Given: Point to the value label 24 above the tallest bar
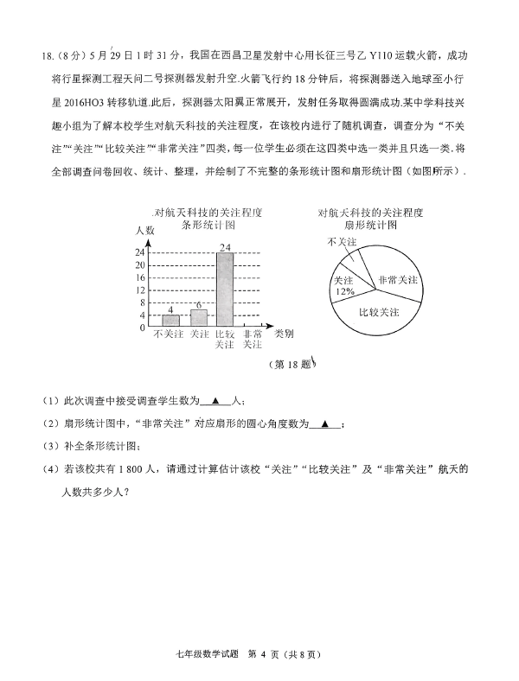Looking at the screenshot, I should point(224,248).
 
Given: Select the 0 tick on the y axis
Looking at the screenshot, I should point(141,328).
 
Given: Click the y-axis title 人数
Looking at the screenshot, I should point(144,230).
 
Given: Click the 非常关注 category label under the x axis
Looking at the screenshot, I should point(252,339).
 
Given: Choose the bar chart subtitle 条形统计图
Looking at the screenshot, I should point(208,224).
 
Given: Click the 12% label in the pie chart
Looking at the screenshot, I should point(343,292).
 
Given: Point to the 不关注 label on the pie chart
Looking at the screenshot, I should point(342,242).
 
